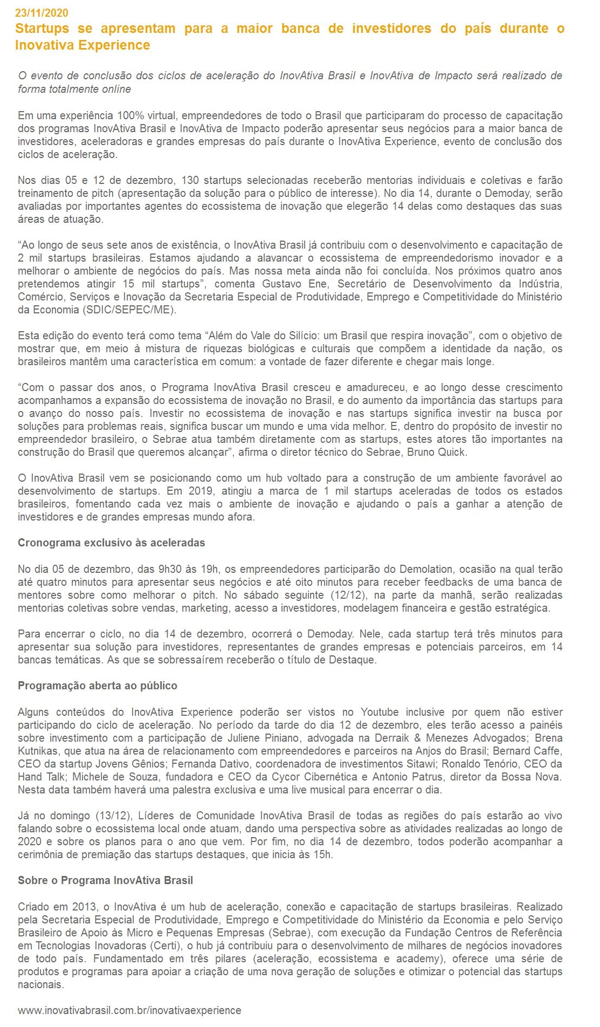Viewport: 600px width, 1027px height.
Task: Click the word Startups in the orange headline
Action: [42, 29]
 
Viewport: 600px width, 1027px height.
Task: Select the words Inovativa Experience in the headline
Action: [82, 45]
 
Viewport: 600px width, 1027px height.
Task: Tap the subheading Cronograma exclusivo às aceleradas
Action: [111, 543]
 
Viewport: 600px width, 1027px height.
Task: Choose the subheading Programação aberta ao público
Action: [97, 686]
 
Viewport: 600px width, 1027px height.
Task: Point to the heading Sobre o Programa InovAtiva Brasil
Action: [105, 880]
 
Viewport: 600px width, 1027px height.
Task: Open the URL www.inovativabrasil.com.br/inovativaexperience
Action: [129, 1010]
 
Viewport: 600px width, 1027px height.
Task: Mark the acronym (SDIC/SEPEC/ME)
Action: [129, 310]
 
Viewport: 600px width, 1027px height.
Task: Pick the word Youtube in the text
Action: [380, 712]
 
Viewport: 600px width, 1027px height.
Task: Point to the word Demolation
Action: [426, 569]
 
